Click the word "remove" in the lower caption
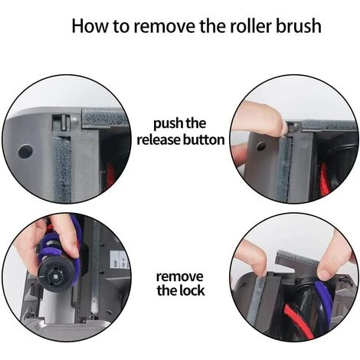[x=180, y=275]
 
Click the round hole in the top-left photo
[x=25, y=152]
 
